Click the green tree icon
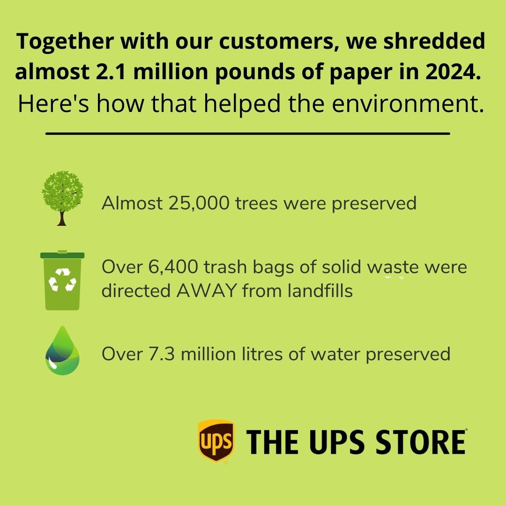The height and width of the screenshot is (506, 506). click(62, 198)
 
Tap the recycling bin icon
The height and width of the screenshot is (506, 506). click(62, 280)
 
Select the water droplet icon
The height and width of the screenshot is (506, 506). click(62, 350)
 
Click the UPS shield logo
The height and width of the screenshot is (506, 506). click(216, 441)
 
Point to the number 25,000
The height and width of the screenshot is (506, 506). click(199, 203)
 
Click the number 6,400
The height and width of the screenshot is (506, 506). click(173, 267)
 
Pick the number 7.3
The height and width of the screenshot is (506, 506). click(162, 354)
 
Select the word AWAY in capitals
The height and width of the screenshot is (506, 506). click(207, 291)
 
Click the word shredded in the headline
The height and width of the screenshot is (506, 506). click(434, 41)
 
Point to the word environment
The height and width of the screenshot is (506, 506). click(408, 104)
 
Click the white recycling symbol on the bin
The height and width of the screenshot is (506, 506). click(62, 280)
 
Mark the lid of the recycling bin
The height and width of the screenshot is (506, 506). click(62, 254)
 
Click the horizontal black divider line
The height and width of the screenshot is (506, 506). click(247, 133)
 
